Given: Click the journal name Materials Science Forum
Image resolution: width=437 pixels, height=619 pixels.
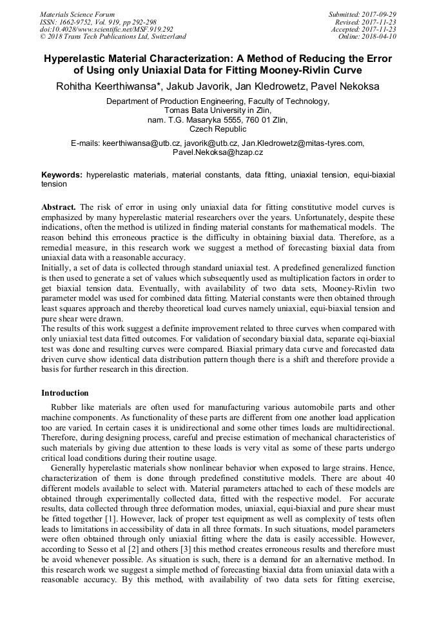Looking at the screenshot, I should click(x=77, y=14).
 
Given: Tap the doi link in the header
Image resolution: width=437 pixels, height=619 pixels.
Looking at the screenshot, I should click(x=106, y=29).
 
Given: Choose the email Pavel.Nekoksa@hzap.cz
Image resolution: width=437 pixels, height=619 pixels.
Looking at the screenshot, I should click(x=218, y=152).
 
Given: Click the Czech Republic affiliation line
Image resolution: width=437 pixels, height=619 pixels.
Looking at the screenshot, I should click(x=218, y=129).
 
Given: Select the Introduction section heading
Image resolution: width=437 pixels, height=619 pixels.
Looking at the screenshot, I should click(x=65, y=393).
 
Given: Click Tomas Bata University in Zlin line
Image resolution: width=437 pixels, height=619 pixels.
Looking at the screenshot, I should click(x=218, y=110).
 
